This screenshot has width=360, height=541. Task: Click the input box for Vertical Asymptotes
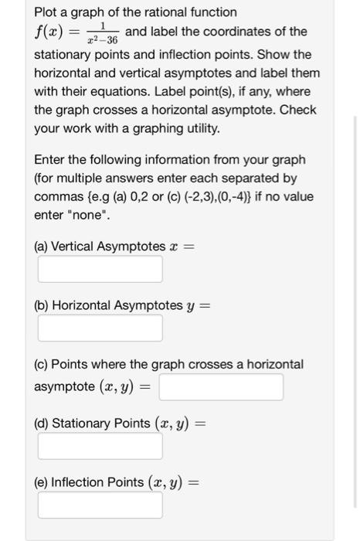click(x=100, y=269)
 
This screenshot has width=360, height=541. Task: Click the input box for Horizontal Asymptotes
click(x=100, y=328)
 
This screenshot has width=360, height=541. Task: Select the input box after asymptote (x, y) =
click(x=221, y=387)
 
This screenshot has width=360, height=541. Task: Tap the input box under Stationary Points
click(x=100, y=446)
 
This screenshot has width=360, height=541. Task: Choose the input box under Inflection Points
click(x=100, y=505)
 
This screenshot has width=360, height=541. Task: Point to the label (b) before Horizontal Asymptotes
click(x=42, y=305)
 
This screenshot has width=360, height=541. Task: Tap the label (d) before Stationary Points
click(x=42, y=423)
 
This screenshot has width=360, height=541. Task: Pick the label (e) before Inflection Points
click(x=42, y=482)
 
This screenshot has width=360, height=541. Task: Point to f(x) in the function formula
click(x=51, y=32)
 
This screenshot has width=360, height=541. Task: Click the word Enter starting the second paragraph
click(x=50, y=160)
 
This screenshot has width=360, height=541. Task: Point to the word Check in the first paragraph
click(x=297, y=110)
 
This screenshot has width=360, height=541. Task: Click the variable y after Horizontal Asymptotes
click(x=191, y=306)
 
